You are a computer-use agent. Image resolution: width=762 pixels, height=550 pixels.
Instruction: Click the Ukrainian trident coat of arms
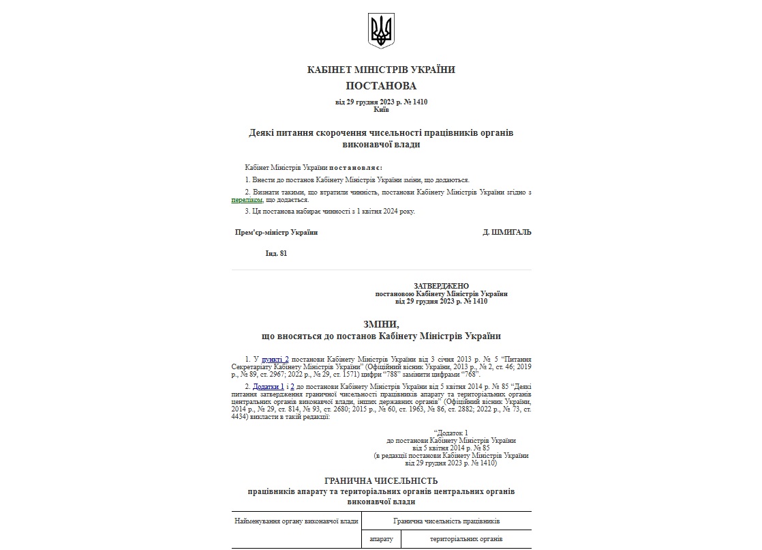click(381, 30)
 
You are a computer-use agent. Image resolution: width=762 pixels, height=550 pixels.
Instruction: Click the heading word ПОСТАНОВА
click(381, 86)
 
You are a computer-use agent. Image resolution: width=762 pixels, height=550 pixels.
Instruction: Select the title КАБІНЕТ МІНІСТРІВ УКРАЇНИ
click(381, 70)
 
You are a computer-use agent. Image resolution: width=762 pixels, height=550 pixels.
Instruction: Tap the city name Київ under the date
click(381, 109)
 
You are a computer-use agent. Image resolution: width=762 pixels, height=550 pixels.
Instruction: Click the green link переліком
click(247, 200)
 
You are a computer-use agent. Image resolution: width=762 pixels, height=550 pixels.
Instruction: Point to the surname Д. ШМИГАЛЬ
click(506, 232)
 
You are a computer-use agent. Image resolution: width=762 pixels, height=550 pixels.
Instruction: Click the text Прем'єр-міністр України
click(276, 232)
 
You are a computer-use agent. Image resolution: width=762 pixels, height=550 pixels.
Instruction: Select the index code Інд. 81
click(276, 253)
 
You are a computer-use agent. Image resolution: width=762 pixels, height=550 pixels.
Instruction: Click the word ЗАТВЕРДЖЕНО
click(441, 286)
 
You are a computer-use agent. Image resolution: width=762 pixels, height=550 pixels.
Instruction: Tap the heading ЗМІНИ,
click(381, 323)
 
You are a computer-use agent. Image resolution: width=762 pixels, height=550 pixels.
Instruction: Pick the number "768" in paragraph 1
click(470, 374)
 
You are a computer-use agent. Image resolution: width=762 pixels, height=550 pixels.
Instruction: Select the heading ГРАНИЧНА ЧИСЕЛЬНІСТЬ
click(381, 481)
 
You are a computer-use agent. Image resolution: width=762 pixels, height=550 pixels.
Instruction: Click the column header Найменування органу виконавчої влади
click(296, 521)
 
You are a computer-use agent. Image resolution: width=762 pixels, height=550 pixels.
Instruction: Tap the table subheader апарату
click(381, 539)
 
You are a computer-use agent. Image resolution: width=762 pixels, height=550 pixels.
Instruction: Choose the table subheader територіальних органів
click(466, 539)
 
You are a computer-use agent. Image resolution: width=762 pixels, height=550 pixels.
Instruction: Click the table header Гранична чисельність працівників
click(446, 521)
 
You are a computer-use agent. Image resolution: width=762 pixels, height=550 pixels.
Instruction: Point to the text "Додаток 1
click(451, 433)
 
